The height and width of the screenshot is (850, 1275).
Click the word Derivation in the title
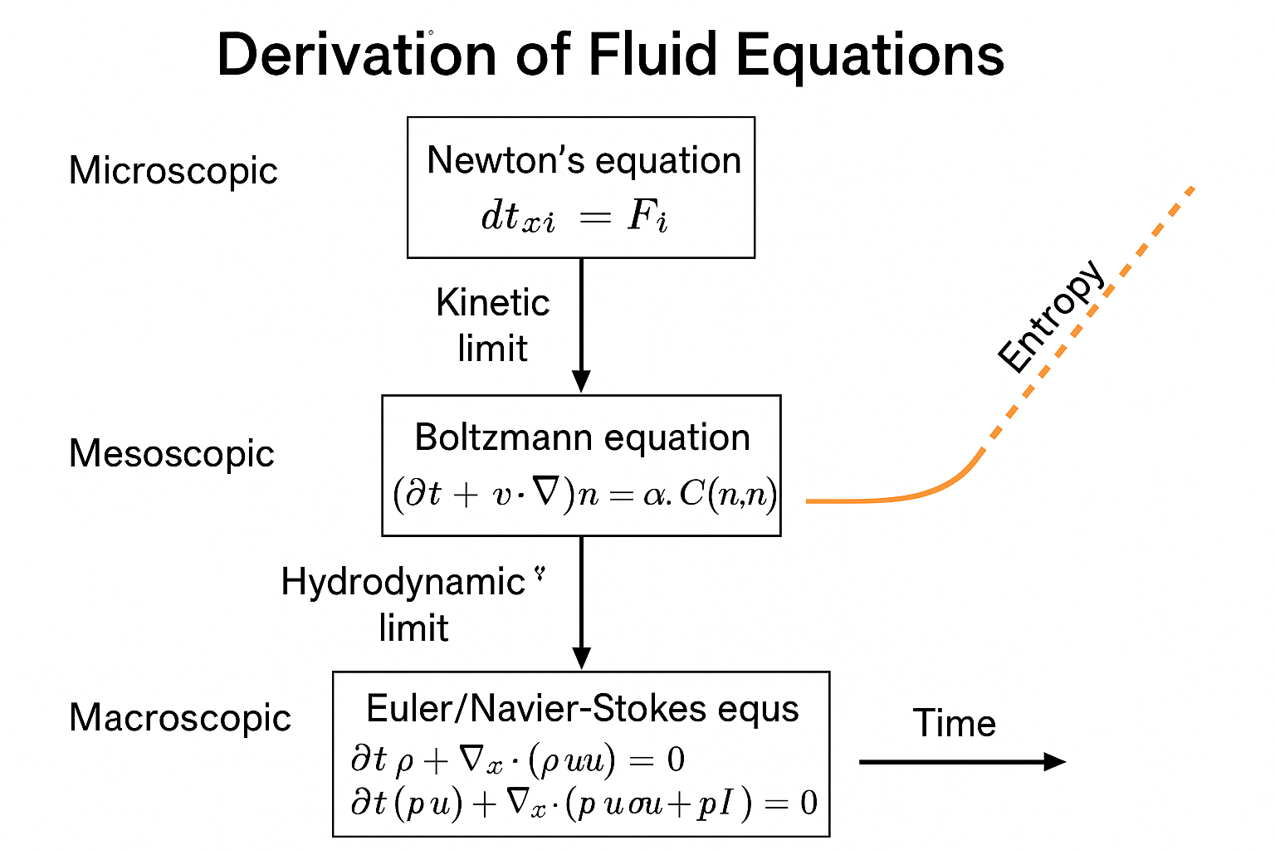pos(356,55)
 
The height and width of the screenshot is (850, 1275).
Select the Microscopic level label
pos(173,171)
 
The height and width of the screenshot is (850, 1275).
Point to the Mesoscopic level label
pos(171,454)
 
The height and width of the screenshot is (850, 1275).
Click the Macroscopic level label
pos(179,718)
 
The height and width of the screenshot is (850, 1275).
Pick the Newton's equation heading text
pos(584,160)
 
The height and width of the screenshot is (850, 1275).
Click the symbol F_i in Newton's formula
pos(647,217)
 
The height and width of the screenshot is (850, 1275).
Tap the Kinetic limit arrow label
pos(492,325)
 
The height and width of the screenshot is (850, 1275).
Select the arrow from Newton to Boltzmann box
pos(582,324)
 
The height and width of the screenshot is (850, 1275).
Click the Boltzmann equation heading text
pos(582,437)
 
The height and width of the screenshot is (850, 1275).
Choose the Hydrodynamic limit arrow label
pos(404,604)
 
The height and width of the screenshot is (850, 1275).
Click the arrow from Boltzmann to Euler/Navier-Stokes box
pos(582,602)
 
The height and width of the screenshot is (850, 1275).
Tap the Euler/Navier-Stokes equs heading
pos(582,709)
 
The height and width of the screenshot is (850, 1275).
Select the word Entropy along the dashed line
pos(1051,316)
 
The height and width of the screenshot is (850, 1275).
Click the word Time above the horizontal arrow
pos(954,723)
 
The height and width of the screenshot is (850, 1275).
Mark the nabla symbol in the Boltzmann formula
pos(545,494)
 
